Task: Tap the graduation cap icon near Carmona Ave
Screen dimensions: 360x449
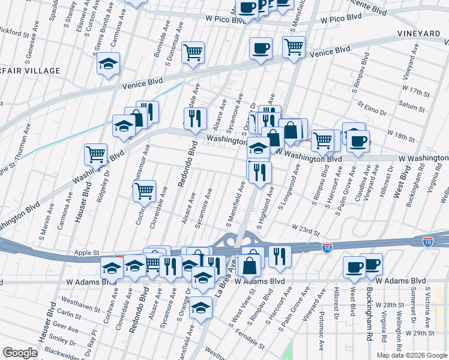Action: point(109,65)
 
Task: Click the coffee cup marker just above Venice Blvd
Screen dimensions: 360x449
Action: point(261,49)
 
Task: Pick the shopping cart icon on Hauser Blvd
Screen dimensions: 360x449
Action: point(95,155)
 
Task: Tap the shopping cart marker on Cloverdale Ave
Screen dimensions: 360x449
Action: point(144,191)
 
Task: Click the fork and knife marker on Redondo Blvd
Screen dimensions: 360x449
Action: point(195,119)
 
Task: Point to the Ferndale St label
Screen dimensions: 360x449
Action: point(250,338)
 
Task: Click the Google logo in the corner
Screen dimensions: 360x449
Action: point(20,353)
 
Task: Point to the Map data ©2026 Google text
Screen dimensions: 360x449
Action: point(412,355)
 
